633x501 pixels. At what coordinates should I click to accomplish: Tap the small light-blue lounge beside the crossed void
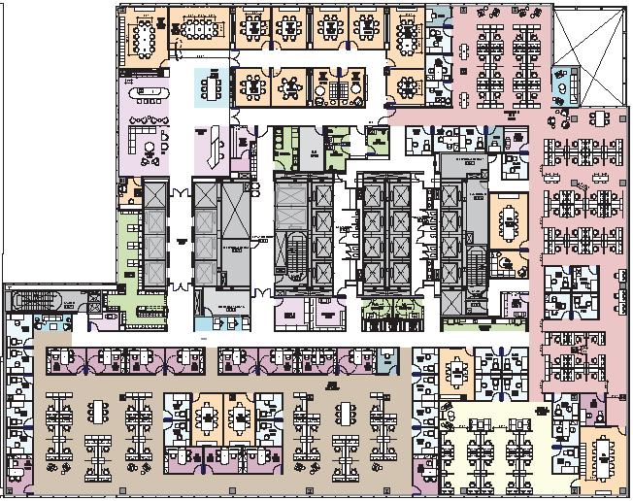[562, 86]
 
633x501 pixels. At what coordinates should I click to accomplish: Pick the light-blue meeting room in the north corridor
[211, 87]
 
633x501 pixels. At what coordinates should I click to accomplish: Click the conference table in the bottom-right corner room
[602, 452]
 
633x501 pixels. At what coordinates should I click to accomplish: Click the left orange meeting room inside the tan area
[209, 417]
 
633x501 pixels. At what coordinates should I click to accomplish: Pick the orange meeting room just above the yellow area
[455, 370]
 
